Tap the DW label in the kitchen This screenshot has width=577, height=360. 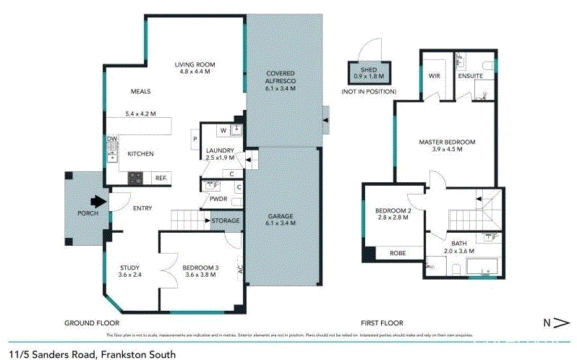point(112,139)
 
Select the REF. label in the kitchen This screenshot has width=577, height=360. point(160,178)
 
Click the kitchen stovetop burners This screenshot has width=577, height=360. point(136,178)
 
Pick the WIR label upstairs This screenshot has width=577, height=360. point(435,75)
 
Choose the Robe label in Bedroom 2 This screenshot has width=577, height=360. point(397,253)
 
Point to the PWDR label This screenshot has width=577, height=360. point(218,199)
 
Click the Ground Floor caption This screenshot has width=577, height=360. point(92,322)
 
